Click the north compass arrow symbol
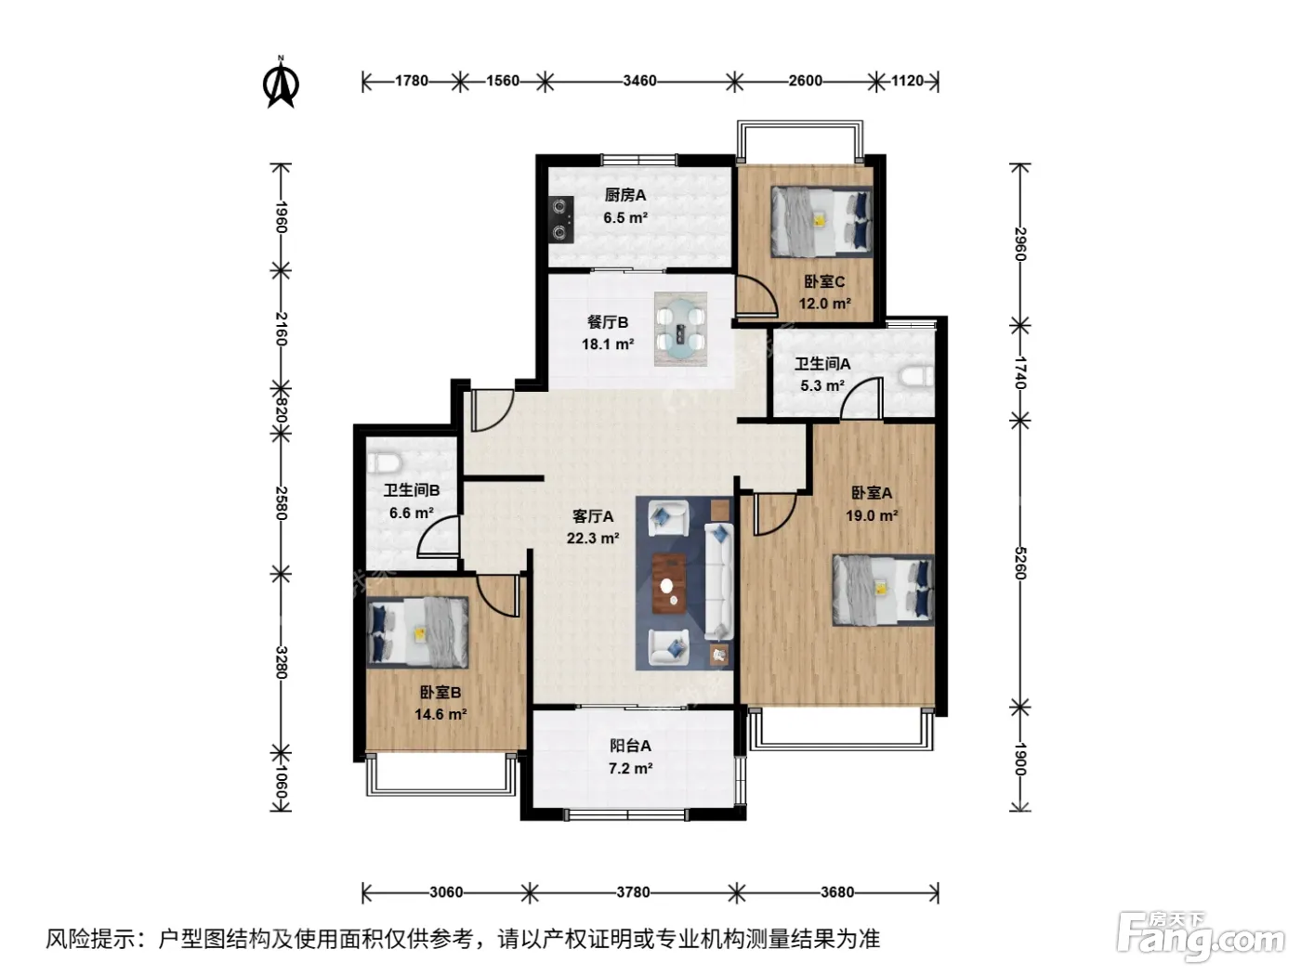(281, 83)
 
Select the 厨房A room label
(624, 195)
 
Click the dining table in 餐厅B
(680, 329)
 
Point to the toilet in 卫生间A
(915, 376)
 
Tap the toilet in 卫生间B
(384, 462)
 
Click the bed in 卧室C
(821, 221)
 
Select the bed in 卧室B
(417, 632)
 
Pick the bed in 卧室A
(883, 590)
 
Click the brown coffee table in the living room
(668, 584)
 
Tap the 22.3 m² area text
(593, 539)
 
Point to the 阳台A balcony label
(630, 746)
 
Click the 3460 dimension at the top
(639, 81)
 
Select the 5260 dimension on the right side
(1020, 564)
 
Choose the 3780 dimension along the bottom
(633, 892)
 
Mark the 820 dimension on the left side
(281, 410)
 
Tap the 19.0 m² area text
(872, 515)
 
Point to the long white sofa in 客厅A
(719, 581)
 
